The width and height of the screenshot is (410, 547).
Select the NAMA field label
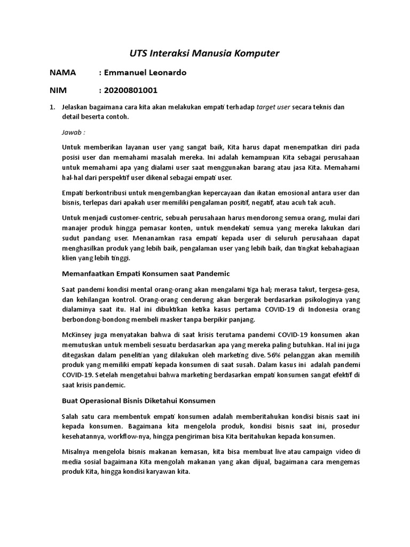[x=62, y=72]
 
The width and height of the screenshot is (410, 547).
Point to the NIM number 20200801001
[x=131, y=90]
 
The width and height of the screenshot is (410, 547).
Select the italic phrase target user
[x=273, y=107]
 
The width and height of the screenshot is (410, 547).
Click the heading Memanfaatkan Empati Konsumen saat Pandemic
[x=146, y=273]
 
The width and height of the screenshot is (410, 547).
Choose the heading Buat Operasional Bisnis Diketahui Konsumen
[x=139, y=400]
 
